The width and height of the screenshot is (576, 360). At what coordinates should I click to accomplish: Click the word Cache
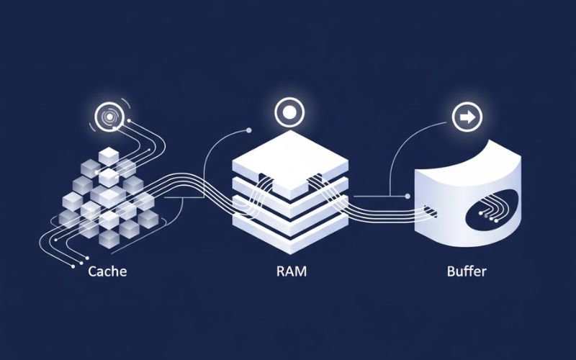tap(108, 273)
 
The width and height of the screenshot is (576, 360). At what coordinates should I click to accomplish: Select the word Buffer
tap(467, 273)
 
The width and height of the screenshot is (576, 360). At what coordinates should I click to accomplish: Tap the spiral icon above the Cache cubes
tap(109, 117)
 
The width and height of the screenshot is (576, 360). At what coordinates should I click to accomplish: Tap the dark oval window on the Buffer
tap(493, 209)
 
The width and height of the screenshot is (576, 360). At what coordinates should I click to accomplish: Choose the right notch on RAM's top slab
tap(314, 180)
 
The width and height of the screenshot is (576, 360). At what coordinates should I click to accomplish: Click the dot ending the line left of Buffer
tap(408, 195)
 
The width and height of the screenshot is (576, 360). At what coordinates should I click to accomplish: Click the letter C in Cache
tap(91, 273)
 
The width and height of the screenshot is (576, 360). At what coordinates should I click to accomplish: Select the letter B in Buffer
tap(451, 273)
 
